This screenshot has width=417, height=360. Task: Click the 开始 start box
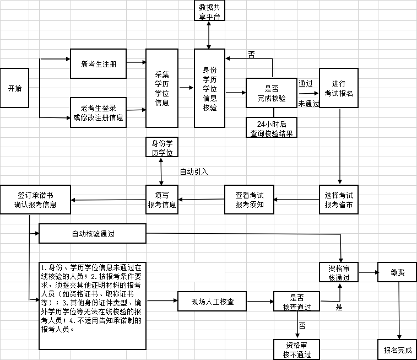click(x=14, y=88)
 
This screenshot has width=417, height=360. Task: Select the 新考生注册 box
click(x=98, y=63)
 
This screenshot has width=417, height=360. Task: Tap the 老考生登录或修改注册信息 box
click(x=98, y=112)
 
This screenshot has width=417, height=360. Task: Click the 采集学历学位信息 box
click(x=162, y=88)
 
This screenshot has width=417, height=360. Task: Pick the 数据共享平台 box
click(x=209, y=10)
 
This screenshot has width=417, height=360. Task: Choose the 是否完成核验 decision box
click(x=271, y=93)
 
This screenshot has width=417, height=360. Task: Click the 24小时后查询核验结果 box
click(x=271, y=127)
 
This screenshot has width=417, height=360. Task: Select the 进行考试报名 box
click(x=339, y=88)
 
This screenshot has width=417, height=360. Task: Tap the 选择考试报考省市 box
click(x=339, y=200)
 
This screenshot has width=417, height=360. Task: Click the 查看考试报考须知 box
click(x=249, y=200)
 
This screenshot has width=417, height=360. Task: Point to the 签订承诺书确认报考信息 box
click(x=35, y=200)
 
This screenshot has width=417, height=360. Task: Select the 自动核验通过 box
click(x=93, y=233)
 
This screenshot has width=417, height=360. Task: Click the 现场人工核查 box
click(x=212, y=301)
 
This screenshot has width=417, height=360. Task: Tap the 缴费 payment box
click(x=397, y=272)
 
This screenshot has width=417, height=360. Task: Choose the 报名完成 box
click(x=397, y=350)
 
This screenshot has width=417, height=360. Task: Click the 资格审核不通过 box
click(x=296, y=350)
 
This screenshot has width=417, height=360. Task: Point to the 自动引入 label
click(x=194, y=171)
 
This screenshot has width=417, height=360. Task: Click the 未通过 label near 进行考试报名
click(x=308, y=104)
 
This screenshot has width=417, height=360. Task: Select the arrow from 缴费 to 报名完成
click(x=399, y=311)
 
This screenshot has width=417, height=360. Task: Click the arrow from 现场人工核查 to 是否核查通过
click(x=260, y=302)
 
